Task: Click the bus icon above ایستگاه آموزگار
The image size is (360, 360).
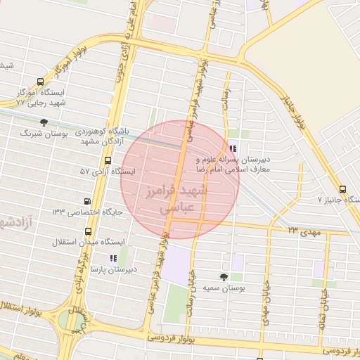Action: pos(38,82)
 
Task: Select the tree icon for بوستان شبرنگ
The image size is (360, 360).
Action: pos(44,122)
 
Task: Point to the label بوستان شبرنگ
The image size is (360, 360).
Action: pos(43,133)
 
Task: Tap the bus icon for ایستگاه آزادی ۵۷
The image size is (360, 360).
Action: pos(106,160)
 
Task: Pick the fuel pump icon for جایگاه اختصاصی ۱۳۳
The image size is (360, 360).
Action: pos(87,200)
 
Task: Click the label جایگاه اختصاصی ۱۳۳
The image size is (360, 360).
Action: pos(87,212)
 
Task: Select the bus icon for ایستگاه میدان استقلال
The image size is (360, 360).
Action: pos(88,231)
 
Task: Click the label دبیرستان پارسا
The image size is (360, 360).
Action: pos(113,269)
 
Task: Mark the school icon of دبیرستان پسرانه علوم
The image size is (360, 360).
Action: pos(233,148)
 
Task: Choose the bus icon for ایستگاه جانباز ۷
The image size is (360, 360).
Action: pos(342,189)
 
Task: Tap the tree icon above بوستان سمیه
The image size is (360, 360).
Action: pos(224,277)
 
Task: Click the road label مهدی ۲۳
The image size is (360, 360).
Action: pos(303,229)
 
